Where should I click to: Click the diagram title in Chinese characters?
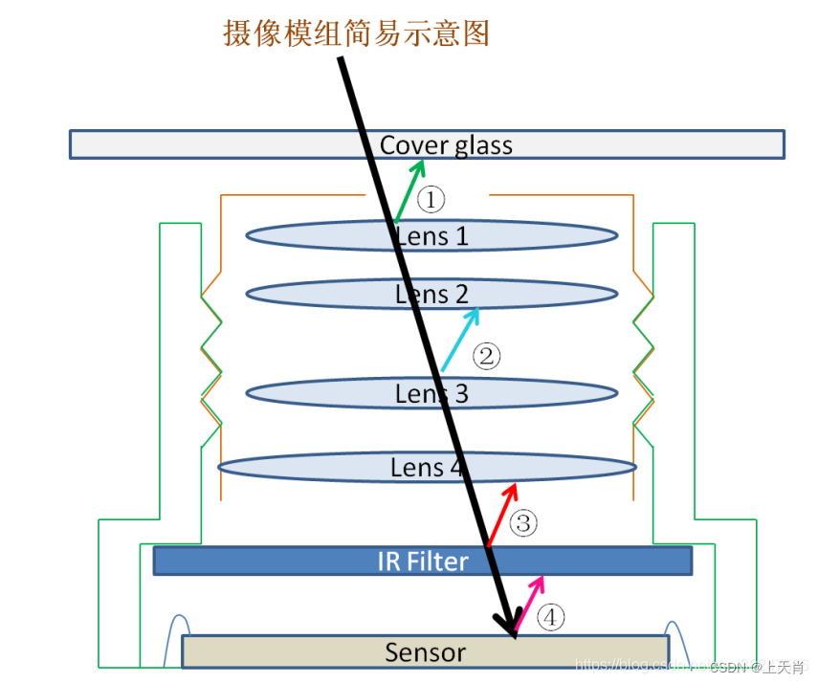(356, 33)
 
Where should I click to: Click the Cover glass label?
(446, 145)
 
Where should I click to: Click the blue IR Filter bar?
(287, 561)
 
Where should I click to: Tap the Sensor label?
(425, 652)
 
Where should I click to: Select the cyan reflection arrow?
(460, 339)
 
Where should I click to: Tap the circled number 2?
(486, 357)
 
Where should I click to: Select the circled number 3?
(523, 523)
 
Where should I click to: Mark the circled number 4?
(550, 618)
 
